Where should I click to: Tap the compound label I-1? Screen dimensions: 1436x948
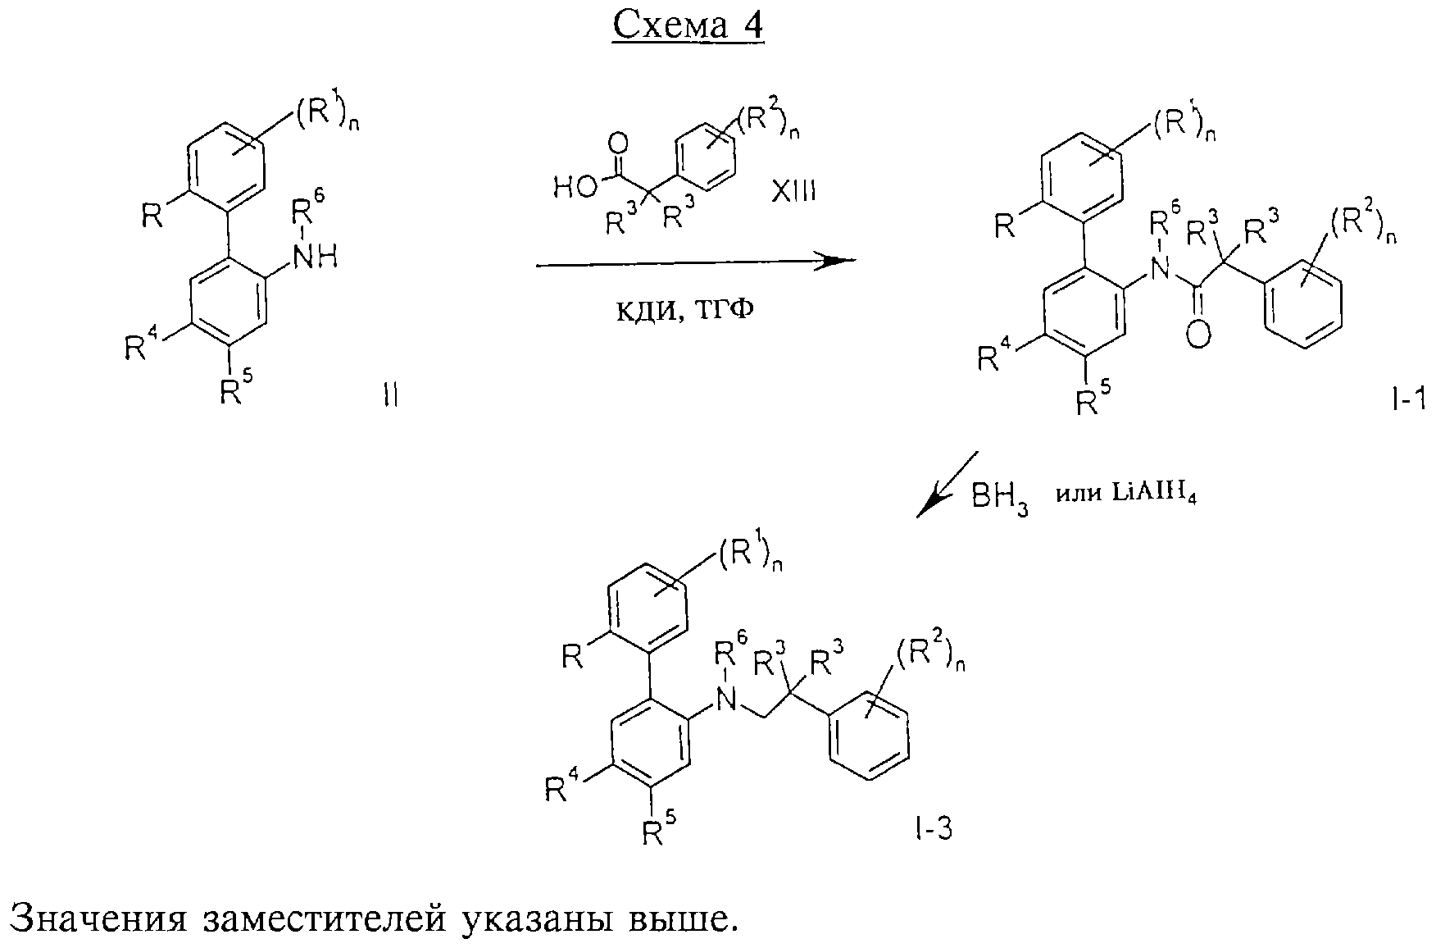click(1409, 399)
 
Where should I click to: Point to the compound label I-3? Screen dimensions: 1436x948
click(934, 830)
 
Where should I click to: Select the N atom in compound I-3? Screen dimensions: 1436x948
click(725, 698)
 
